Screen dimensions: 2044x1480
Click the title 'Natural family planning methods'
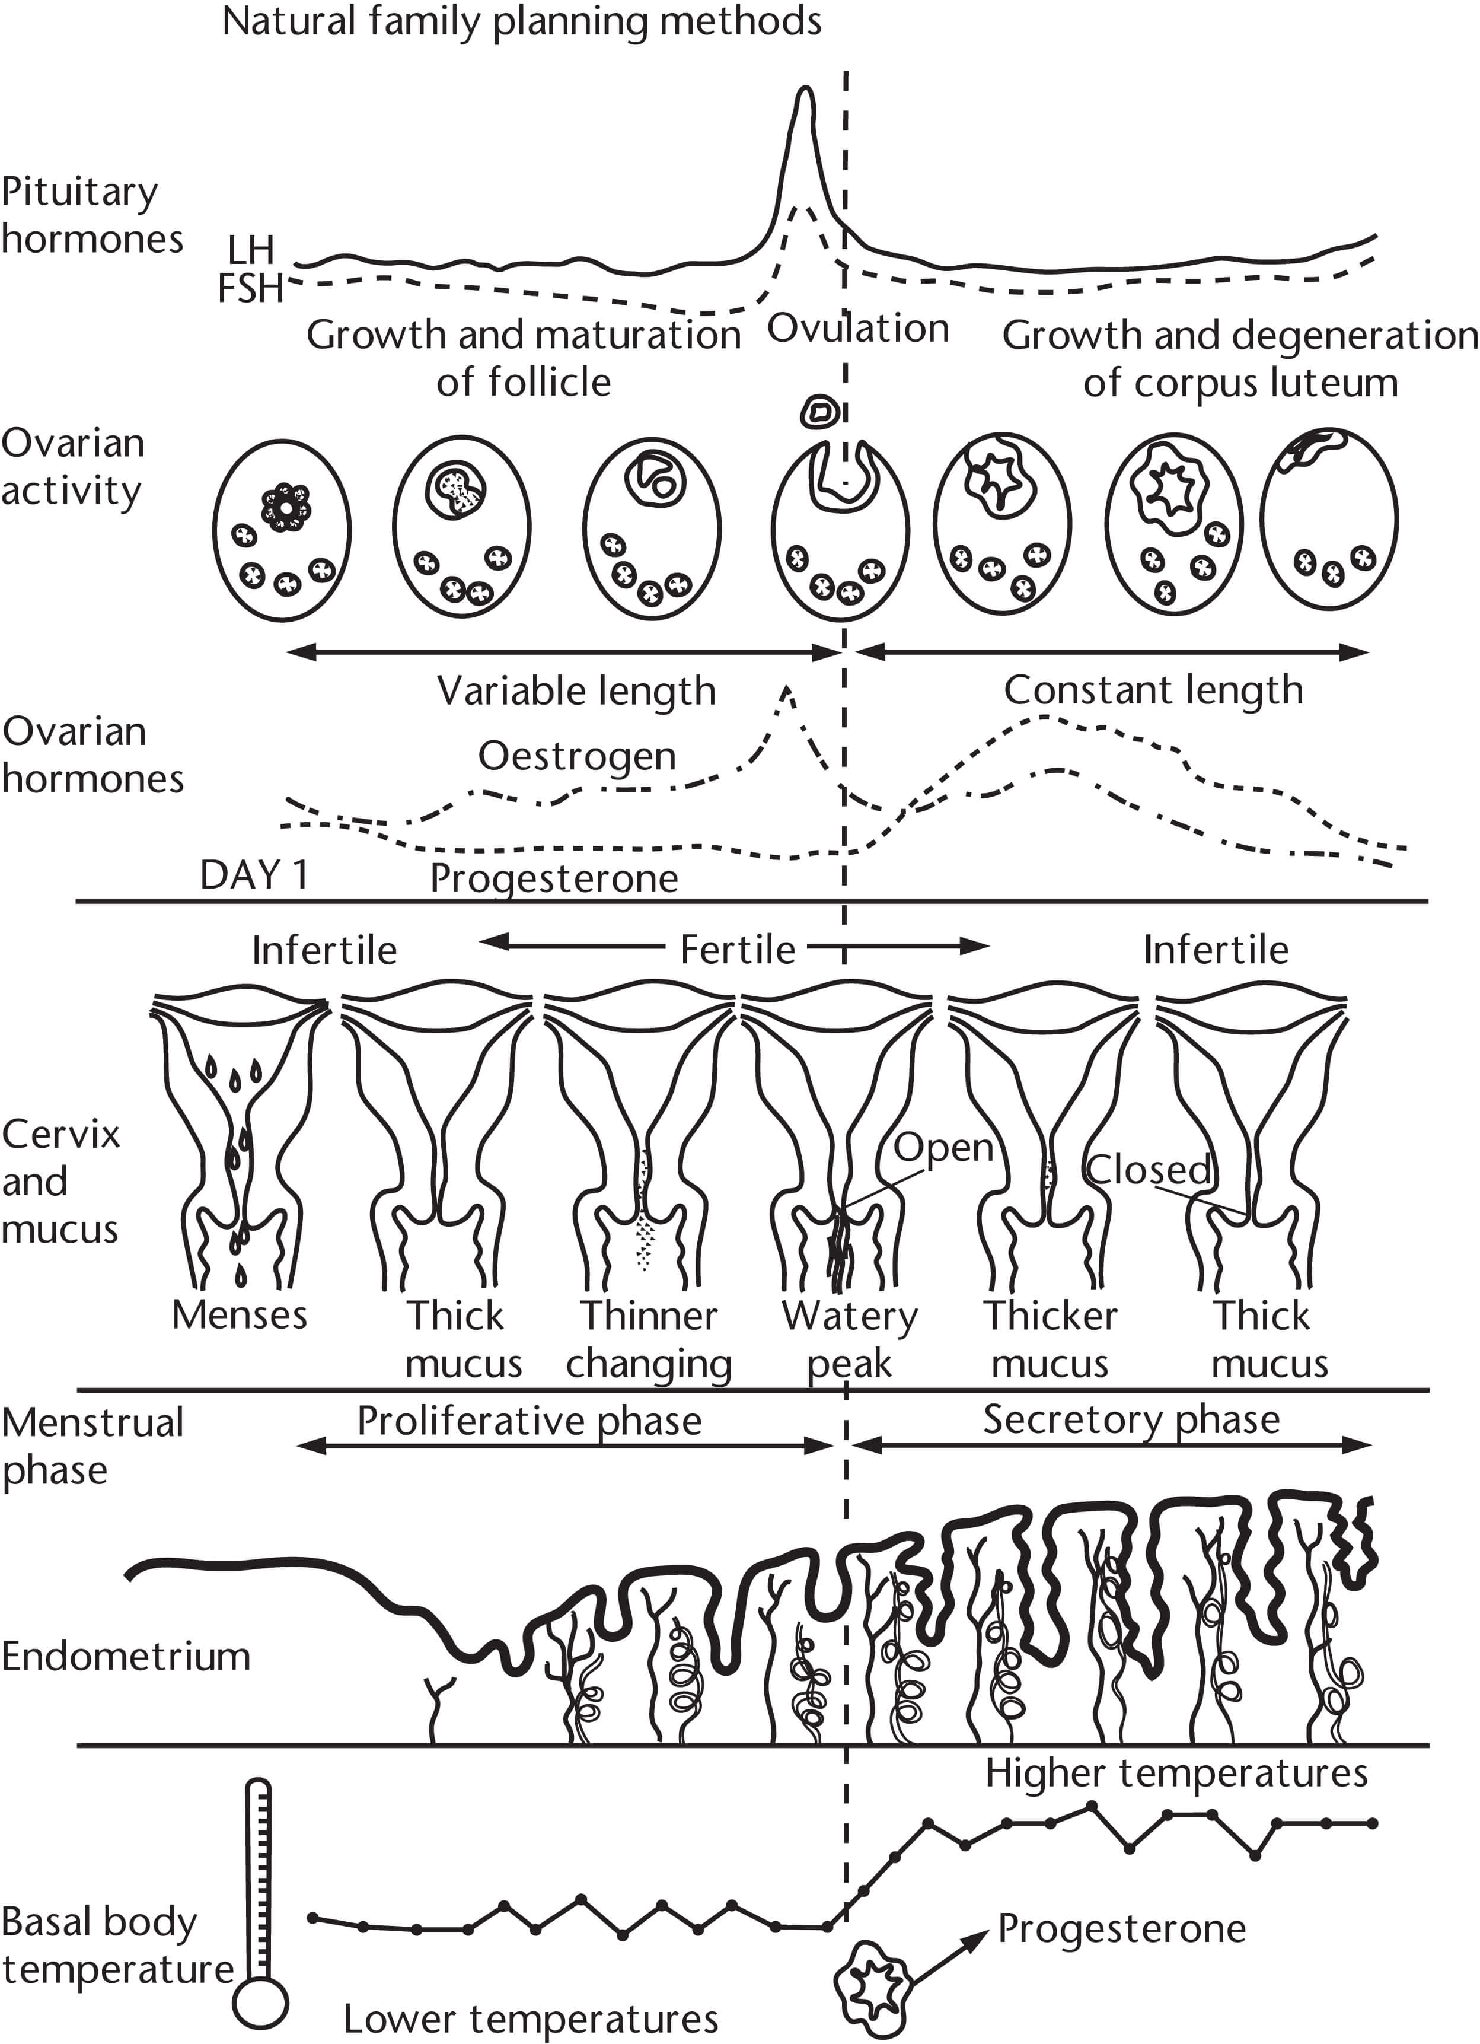(x=522, y=21)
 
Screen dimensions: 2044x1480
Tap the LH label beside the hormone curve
(x=250, y=250)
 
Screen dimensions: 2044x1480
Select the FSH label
(x=250, y=288)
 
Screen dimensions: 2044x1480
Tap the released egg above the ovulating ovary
(x=821, y=412)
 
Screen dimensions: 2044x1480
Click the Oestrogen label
(x=576, y=756)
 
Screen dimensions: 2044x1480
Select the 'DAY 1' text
(x=254, y=875)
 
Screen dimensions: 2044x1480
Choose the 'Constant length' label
(x=1153, y=690)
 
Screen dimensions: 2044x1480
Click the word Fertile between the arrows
(x=738, y=950)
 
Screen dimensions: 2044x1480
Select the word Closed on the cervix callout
(x=1149, y=1170)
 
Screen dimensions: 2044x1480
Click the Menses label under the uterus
(x=240, y=1315)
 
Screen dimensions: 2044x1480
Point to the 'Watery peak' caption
(x=850, y=1339)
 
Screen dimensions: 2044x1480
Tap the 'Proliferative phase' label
(x=529, y=1421)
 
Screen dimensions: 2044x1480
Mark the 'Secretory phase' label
(x=1131, y=1419)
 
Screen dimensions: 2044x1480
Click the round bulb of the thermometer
(x=260, y=2002)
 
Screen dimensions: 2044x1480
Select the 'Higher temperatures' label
(x=1176, y=1773)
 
